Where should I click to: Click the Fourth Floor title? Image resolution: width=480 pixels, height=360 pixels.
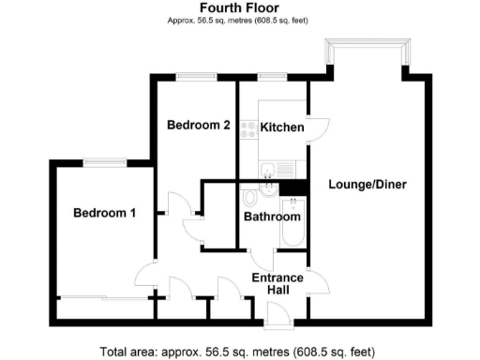[x=240, y=7]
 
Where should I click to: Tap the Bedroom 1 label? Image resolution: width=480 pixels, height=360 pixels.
[x=105, y=214]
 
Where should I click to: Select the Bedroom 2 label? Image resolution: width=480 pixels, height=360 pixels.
[x=199, y=125]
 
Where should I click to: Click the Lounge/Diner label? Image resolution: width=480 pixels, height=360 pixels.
[x=367, y=184]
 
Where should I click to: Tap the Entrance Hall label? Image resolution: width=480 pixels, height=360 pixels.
[x=277, y=284]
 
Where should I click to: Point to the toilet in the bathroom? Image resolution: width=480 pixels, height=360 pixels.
[x=248, y=200]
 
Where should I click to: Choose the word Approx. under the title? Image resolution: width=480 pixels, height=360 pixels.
[x=182, y=20]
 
